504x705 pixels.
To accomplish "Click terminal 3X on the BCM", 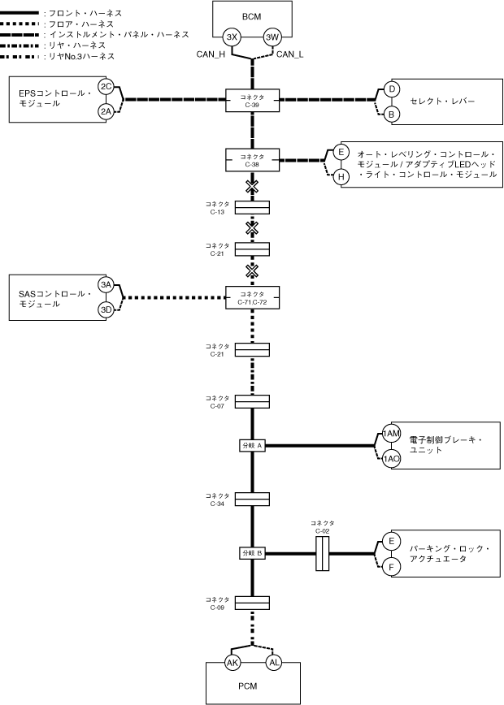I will [x=232, y=37].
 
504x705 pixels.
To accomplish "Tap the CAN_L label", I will [x=290, y=54].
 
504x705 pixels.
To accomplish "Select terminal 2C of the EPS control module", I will [x=106, y=86].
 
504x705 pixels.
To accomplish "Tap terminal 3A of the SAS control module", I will [x=106, y=284].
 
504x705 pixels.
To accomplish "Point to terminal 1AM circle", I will [x=392, y=435].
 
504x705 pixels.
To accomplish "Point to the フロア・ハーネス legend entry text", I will [x=81, y=24].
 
